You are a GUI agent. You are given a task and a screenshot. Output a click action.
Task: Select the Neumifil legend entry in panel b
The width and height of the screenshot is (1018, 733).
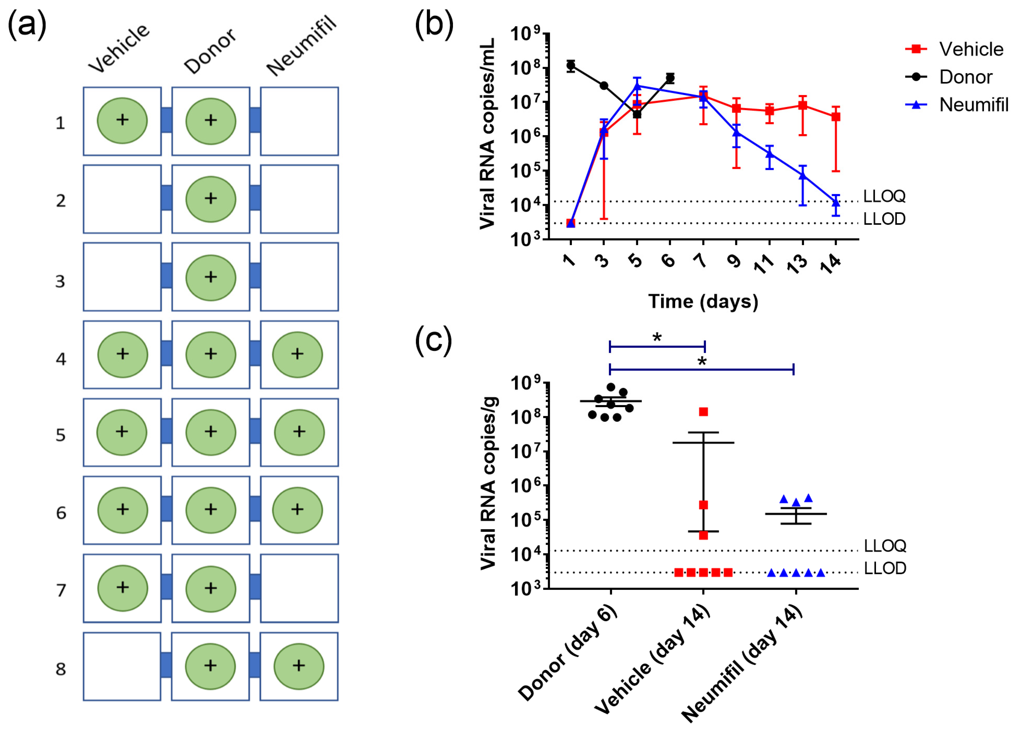point(973,105)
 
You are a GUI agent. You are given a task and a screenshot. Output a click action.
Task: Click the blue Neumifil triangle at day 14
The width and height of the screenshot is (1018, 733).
point(835,202)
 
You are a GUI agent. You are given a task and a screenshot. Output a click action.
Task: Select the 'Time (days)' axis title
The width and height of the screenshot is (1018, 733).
point(703,301)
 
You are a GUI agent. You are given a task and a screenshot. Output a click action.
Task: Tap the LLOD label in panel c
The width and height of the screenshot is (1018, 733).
point(885,568)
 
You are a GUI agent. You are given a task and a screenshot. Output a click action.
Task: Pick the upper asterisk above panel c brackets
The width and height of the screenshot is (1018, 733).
point(657,338)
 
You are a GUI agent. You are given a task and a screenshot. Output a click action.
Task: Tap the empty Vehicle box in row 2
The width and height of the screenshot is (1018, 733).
point(122,199)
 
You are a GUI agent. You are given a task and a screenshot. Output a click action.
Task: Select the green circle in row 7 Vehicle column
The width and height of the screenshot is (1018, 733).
point(123,588)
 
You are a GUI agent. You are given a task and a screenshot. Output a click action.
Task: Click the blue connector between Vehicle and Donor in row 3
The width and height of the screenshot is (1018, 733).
point(166,276)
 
